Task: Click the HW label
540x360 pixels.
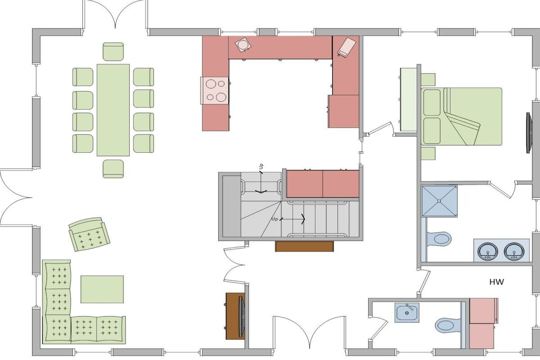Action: pyautogui.click(x=496, y=282)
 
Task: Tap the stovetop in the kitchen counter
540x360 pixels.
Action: pyautogui.click(x=215, y=91)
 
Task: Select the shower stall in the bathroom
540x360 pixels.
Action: pyautogui.click(x=440, y=201)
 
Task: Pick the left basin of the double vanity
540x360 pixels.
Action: pyautogui.click(x=487, y=251)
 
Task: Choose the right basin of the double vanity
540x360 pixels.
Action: pyautogui.click(x=514, y=251)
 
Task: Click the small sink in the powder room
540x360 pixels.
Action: pyautogui.click(x=407, y=313)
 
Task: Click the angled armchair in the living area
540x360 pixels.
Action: pyautogui.click(x=89, y=235)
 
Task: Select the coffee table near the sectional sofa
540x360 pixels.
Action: pyautogui.click(x=102, y=289)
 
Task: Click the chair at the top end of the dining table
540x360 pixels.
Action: pyautogui.click(x=113, y=52)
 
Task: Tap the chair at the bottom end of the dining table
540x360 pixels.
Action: pyautogui.click(x=113, y=169)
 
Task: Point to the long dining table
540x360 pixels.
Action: pyautogui.click(x=113, y=110)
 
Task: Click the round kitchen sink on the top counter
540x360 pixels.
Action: pyautogui.click(x=243, y=45)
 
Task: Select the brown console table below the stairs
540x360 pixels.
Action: pyautogui.click(x=304, y=247)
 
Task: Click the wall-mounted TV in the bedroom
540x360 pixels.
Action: pyautogui.click(x=528, y=132)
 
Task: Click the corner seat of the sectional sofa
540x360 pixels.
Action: pyautogui.click(x=57, y=329)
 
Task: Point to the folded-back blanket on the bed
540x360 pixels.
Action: pyautogui.click(x=461, y=128)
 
